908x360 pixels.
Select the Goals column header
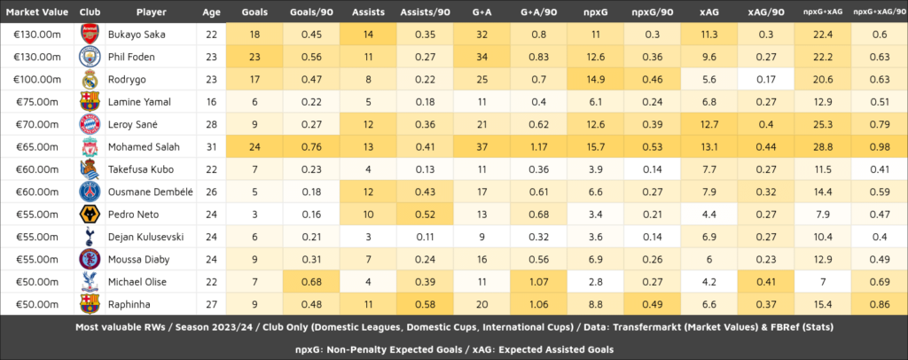[254, 12]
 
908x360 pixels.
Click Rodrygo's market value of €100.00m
[33, 79]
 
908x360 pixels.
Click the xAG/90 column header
[765, 12]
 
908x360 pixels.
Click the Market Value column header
[33, 12]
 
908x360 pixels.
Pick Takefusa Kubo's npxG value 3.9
[595, 168]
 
